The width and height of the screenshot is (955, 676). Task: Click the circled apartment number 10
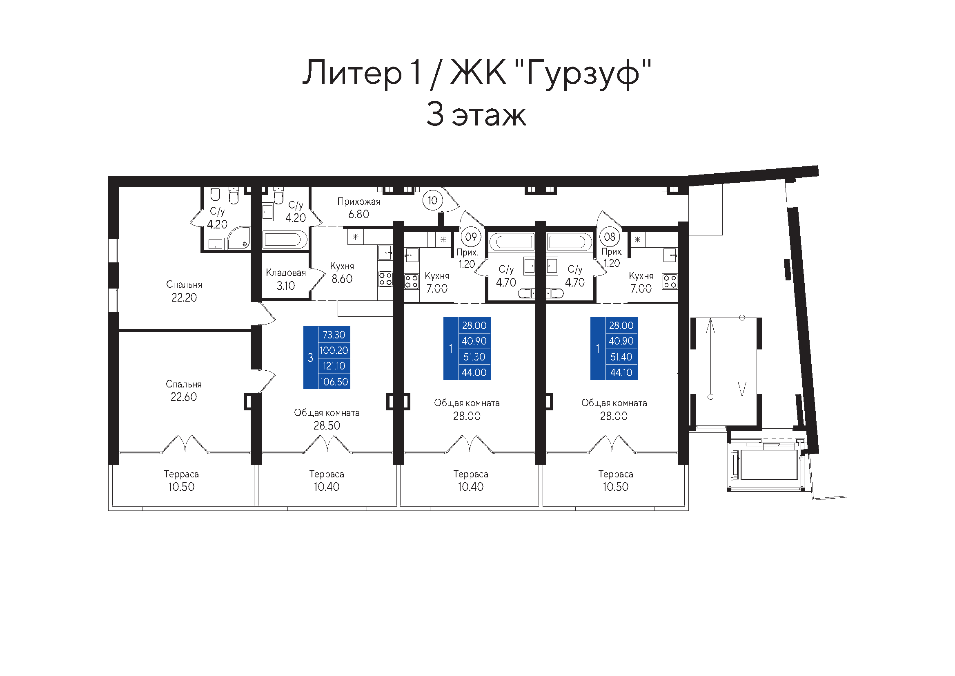pyautogui.click(x=432, y=201)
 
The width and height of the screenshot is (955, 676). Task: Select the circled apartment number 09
pyautogui.click(x=471, y=237)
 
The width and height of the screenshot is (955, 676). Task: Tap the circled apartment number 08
pyautogui.click(x=609, y=237)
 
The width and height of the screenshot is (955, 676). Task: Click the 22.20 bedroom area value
pyautogui.click(x=184, y=298)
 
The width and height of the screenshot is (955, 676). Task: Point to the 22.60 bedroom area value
pyautogui.click(x=183, y=397)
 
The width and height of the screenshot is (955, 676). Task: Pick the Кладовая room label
pyautogui.click(x=286, y=273)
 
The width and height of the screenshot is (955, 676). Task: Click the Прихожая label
pyautogui.click(x=358, y=202)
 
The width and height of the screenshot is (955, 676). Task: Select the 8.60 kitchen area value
pyautogui.click(x=342, y=279)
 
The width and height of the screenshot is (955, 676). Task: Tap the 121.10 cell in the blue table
pyautogui.click(x=334, y=366)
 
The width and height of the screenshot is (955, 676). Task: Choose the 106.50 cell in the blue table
pyautogui.click(x=334, y=382)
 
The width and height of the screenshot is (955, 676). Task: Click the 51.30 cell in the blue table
pyautogui.click(x=474, y=357)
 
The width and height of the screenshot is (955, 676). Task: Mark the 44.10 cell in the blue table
pyautogui.click(x=621, y=373)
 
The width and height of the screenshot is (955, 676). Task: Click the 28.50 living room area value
pyautogui.click(x=327, y=425)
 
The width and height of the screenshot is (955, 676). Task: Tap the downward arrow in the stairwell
pyautogui.click(x=742, y=356)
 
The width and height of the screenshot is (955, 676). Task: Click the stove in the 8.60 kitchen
pyautogui.click(x=385, y=279)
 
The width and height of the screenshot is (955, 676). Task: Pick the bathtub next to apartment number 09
pyautogui.click(x=511, y=242)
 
